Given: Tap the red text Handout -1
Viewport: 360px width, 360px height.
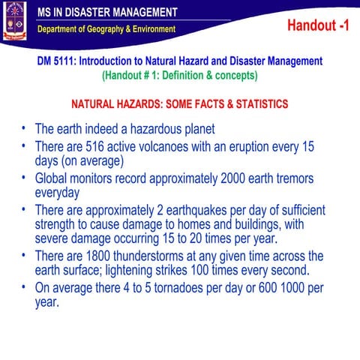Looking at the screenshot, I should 318,26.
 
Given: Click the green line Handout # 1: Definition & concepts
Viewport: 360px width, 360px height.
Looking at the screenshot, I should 179,75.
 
